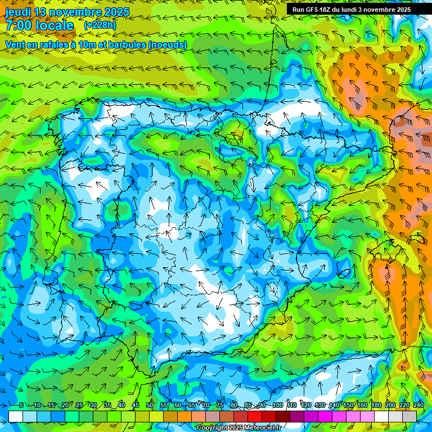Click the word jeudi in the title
tap(18, 12)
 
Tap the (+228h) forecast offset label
tap(100, 25)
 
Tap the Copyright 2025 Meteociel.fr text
tap(246, 428)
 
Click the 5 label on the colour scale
tap(21, 406)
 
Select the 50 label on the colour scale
tap(150, 406)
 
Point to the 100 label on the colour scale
tap(277, 406)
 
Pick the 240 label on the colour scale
tap(418, 406)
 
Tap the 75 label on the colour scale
tap(220, 406)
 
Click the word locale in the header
tap(55, 26)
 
